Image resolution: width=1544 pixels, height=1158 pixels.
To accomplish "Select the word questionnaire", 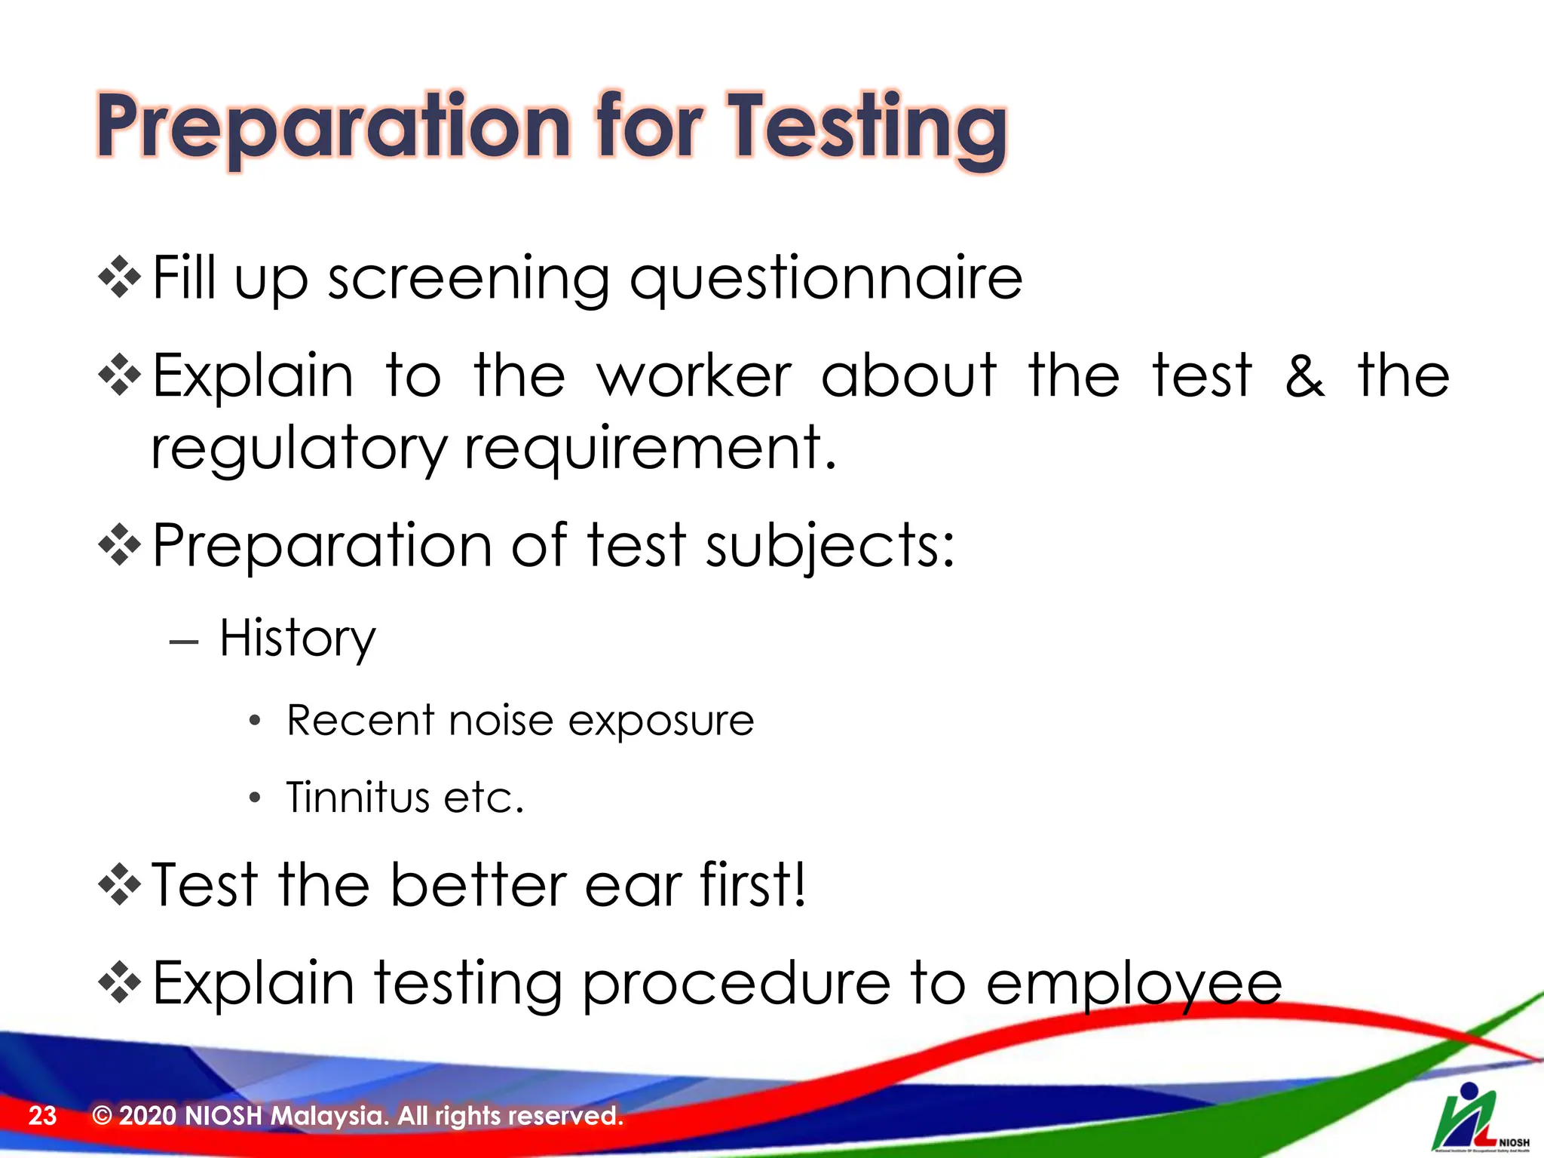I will (826, 279).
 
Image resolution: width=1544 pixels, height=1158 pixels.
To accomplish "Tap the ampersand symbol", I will (1304, 375).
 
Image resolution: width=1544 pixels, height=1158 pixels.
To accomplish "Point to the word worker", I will (694, 375).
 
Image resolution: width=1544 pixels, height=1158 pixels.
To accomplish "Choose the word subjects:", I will (830, 546).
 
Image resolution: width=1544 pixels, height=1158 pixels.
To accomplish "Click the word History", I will (297, 639).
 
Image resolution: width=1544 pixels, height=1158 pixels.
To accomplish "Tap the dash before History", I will (184, 642).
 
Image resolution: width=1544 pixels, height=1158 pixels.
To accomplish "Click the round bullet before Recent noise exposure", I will (255, 721).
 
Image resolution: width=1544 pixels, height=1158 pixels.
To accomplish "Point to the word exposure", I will (660, 721).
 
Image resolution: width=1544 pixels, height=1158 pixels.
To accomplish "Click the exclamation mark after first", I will (798, 884).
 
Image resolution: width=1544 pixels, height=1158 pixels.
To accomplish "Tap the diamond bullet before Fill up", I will (120, 278).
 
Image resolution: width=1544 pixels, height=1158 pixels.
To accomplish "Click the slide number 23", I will (42, 1116).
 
